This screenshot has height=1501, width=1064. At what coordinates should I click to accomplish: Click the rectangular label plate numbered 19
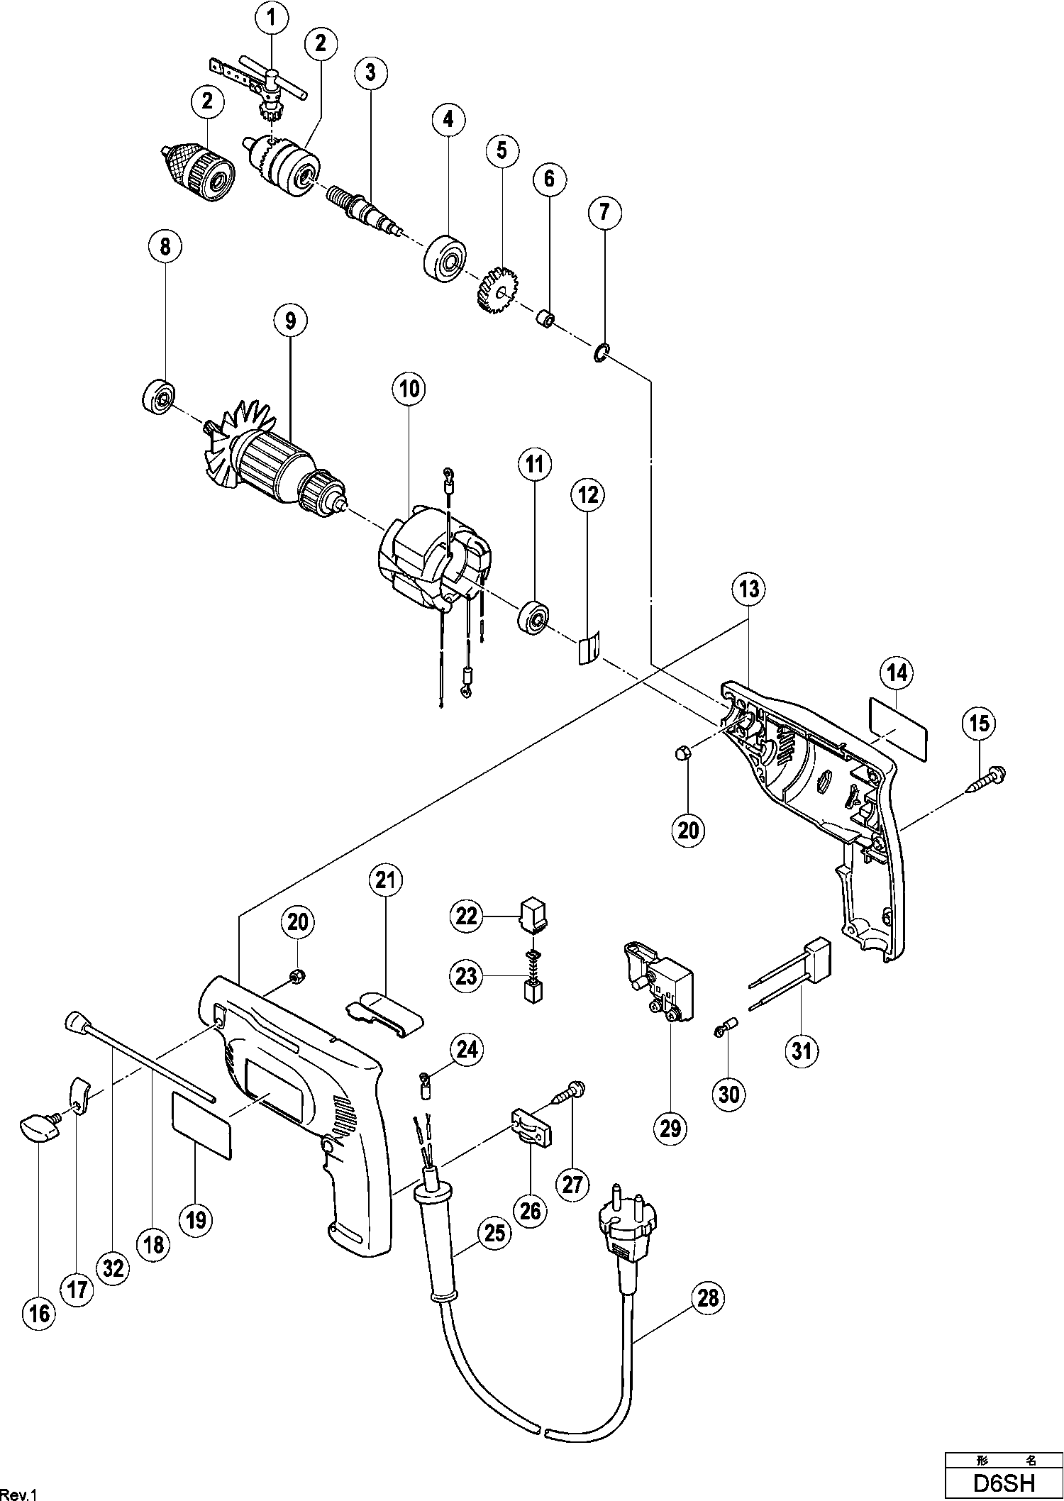[202, 1134]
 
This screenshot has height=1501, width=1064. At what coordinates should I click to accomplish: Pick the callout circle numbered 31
[801, 1049]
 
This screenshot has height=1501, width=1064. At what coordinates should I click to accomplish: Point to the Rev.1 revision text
[18, 1491]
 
